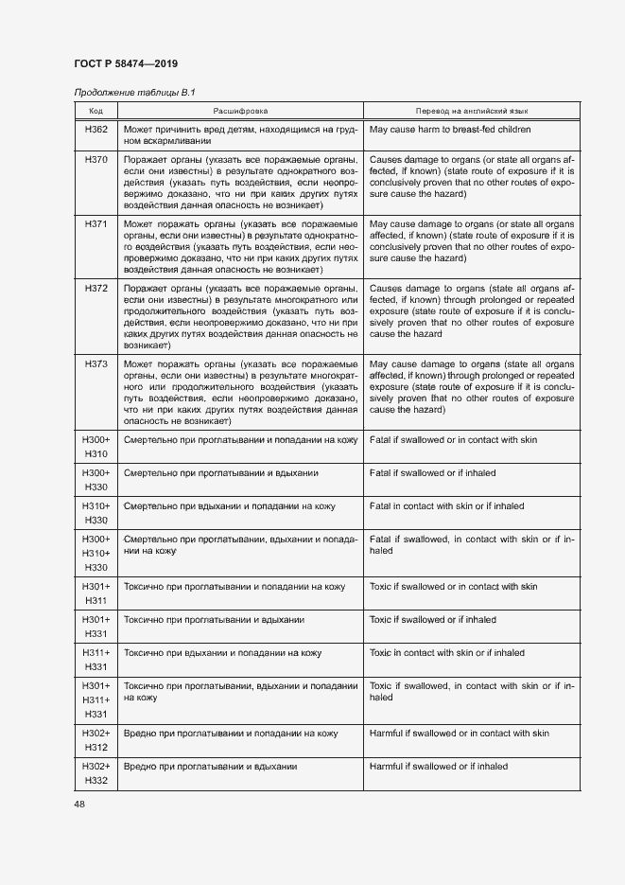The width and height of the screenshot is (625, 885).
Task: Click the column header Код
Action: pyautogui.click(x=96, y=110)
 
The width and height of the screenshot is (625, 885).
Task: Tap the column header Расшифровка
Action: pyautogui.click(x=240, y=110)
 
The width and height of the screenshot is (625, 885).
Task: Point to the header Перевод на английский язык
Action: pyautogui.click(x=471, y=110)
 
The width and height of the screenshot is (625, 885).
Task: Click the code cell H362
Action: pyautogui.click(x=96, y=129)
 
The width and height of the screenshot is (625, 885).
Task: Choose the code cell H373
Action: pyautogui.click(x=96, y=363)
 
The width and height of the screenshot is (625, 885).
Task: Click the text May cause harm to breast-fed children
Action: pyautogui.click(x=449, y=129)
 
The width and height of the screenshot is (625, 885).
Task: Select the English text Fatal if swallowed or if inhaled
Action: pyautogui.click(x=432, y=472)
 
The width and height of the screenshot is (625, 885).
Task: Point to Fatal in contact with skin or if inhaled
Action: pyautogui.click(x=446, y=506)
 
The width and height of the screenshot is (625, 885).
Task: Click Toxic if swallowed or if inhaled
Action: pyautogui.click(x=432, y=620)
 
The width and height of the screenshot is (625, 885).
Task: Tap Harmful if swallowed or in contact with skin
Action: pyautogui.click(x=459, y=734)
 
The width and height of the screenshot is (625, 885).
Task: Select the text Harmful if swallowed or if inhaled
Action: pyautogui.click(x=438, y=767)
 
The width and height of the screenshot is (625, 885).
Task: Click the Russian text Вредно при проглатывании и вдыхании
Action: pyautogui.click(x=211, y=767)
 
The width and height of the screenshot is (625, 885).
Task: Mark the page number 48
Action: pyautogui.click(x=79, y=804)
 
